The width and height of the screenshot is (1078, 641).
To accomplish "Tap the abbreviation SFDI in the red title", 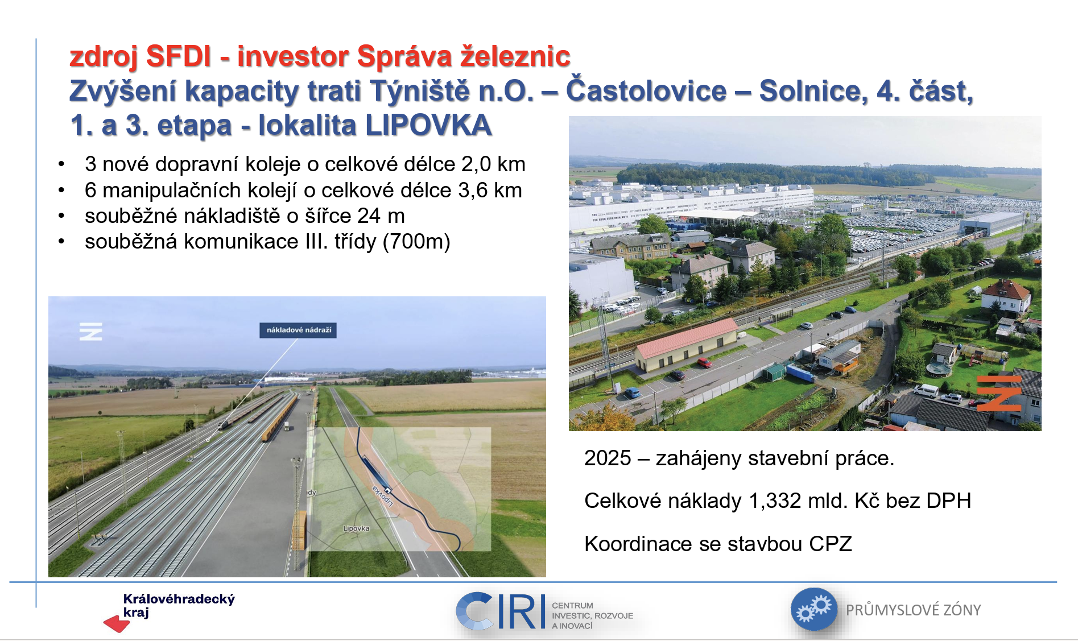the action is click(x=179, y=56).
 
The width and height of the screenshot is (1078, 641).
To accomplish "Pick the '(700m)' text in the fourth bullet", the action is click(x=416, y=242).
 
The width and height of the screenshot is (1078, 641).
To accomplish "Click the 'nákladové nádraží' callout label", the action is click(x=298, y=330).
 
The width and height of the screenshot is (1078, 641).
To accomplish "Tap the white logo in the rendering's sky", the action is click(x=91, y=331).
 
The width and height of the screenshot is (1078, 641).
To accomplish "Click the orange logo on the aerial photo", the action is click(x=999, y=392).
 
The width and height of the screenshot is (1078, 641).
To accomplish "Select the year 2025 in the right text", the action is click(x=608, y=458).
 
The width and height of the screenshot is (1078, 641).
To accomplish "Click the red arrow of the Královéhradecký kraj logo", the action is click(x=117, y=624).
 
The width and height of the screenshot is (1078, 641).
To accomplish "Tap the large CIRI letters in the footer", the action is click(x=500, y=611).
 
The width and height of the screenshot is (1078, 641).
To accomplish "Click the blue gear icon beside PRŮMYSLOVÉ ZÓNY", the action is click(x=814, y=609).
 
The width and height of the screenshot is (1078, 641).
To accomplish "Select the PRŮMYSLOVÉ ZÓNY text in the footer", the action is click(x=913, y=610).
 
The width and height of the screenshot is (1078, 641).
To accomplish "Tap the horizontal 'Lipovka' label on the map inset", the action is click(x=356, y=528).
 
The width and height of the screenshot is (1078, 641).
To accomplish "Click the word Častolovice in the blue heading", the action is click(x=646, y=90).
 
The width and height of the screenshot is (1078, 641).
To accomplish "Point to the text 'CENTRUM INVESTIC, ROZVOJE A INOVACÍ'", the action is click(x=592, y=615).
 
